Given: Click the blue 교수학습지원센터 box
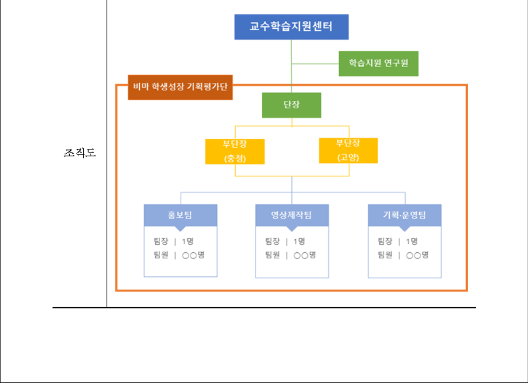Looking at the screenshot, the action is (291, 27).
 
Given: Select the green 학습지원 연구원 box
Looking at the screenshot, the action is (379, 63).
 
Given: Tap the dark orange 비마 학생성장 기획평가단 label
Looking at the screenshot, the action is (180, 87).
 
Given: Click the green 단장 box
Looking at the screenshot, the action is (291, 105).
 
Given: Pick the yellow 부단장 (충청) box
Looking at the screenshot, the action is (235, 151).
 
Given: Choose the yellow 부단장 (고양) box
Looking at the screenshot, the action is (348, 150).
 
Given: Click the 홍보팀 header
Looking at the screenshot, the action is (180, 216).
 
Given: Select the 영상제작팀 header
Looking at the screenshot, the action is (292, 216).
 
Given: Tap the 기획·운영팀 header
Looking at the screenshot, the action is (404, 216).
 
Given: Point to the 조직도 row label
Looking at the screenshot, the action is (80, 153).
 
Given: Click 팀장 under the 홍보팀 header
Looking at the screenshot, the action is (161, 241).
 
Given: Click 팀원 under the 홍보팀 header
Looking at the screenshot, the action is (161, 254).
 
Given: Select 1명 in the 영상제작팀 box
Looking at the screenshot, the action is (299, 241).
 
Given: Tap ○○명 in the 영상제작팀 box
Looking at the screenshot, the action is (305, 255).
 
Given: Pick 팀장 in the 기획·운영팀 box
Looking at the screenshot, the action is (385, 241).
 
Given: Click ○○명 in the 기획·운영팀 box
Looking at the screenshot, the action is (417, 255).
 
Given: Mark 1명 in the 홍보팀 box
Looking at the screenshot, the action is (188, 241).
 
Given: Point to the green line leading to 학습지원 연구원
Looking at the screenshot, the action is (315, 63).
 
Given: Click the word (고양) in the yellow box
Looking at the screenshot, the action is (348, 157).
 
